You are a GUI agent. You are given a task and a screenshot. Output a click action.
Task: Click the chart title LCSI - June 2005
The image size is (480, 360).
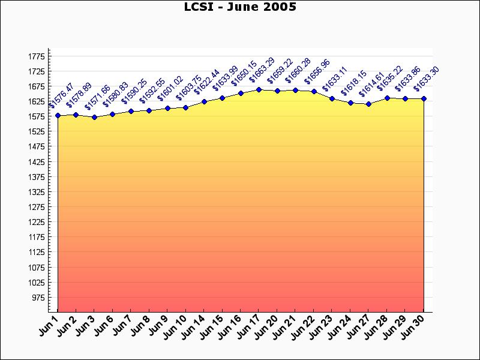point(240,7)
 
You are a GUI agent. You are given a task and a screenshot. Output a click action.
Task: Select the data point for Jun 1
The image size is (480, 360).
point(58,115)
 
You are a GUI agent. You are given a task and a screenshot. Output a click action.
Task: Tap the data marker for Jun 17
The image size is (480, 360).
point(259,90)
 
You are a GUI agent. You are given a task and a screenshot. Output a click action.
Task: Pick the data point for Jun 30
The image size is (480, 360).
point(424,98)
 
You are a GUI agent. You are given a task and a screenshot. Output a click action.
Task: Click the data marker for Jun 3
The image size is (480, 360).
point(94,117)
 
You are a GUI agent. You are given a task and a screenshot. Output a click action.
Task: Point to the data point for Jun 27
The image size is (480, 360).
point(368,104)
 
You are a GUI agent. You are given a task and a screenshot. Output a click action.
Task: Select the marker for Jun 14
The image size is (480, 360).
point(204,101)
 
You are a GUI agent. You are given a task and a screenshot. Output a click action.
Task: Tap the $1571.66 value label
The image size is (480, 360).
point(97,98)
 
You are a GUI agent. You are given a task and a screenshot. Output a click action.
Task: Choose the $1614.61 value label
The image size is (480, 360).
point(372,85)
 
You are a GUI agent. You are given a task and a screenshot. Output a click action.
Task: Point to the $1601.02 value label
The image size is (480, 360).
point(170,88)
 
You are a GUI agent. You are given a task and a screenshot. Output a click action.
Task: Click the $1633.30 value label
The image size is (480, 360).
point(427,79)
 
